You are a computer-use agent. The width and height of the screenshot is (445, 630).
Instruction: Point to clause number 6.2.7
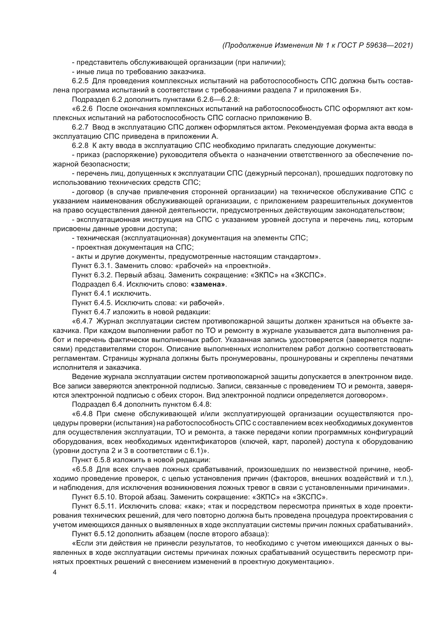pyautogui.click(x=80, y=127)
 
